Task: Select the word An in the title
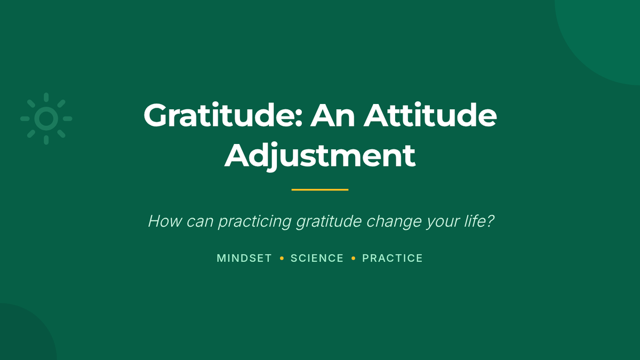click(x=333, y=116)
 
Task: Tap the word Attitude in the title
click(x=430, y=115)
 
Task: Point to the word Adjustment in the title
click(x=319, y=156)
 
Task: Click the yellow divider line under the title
click(x=320, y=189)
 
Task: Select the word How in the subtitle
click(x=165, y=221)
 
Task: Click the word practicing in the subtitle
click(x=255, y=222)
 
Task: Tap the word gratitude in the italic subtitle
click(x=329, y=222)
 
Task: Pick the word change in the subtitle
click(x=394, y=222)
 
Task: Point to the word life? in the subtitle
click(x=479, y=221)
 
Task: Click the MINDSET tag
click(x=244, y=258)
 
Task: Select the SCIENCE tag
click(x=317, y=258)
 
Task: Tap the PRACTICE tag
click(x=393, y=258)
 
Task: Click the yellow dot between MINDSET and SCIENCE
click(x=282, y=258)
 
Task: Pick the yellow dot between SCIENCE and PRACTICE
click(x=353, y=258)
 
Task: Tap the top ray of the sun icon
click(x=46, y=97)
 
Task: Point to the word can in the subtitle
click(x=199, y=222)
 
